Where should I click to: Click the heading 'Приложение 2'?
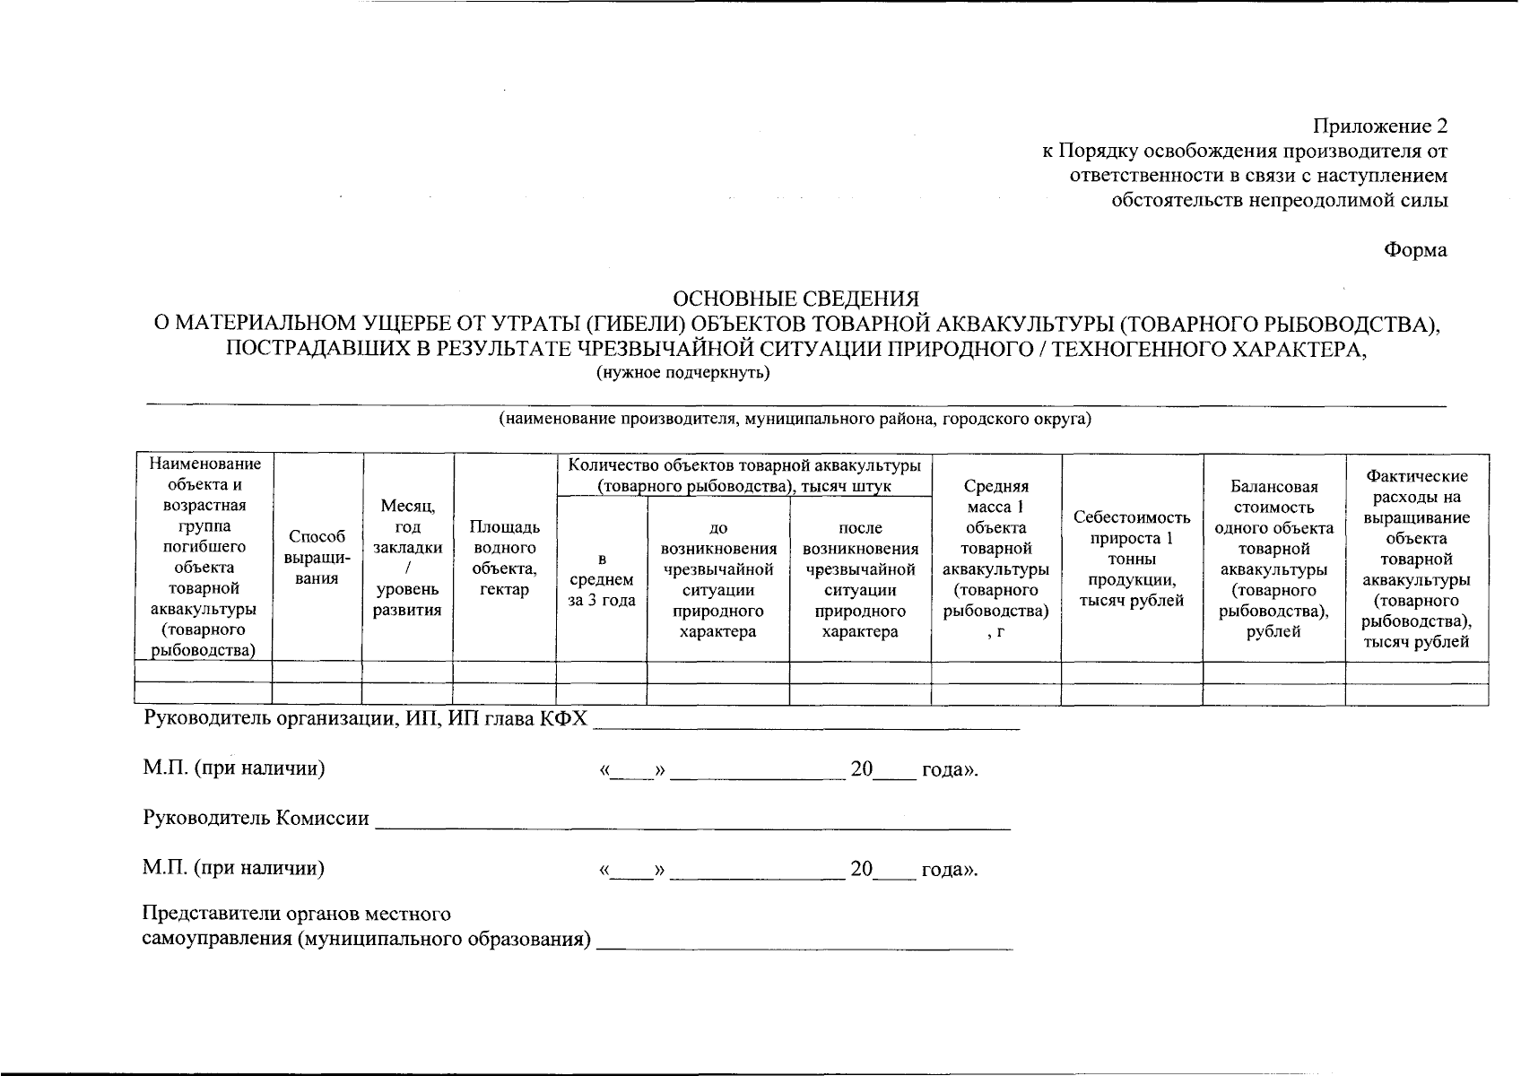click(1380, 126)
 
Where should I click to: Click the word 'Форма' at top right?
click(1415, 250)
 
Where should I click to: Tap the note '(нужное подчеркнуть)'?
click(683, 373)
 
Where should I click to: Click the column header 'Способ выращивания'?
click(317, 557)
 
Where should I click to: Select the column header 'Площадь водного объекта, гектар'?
click(504, 557)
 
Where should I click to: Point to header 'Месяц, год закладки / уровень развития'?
click(408, 558)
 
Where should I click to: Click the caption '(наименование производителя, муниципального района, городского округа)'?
click(795, 420)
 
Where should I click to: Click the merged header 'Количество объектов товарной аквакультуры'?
click(744, 475)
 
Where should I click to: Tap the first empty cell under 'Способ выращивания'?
click(317, 672)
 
